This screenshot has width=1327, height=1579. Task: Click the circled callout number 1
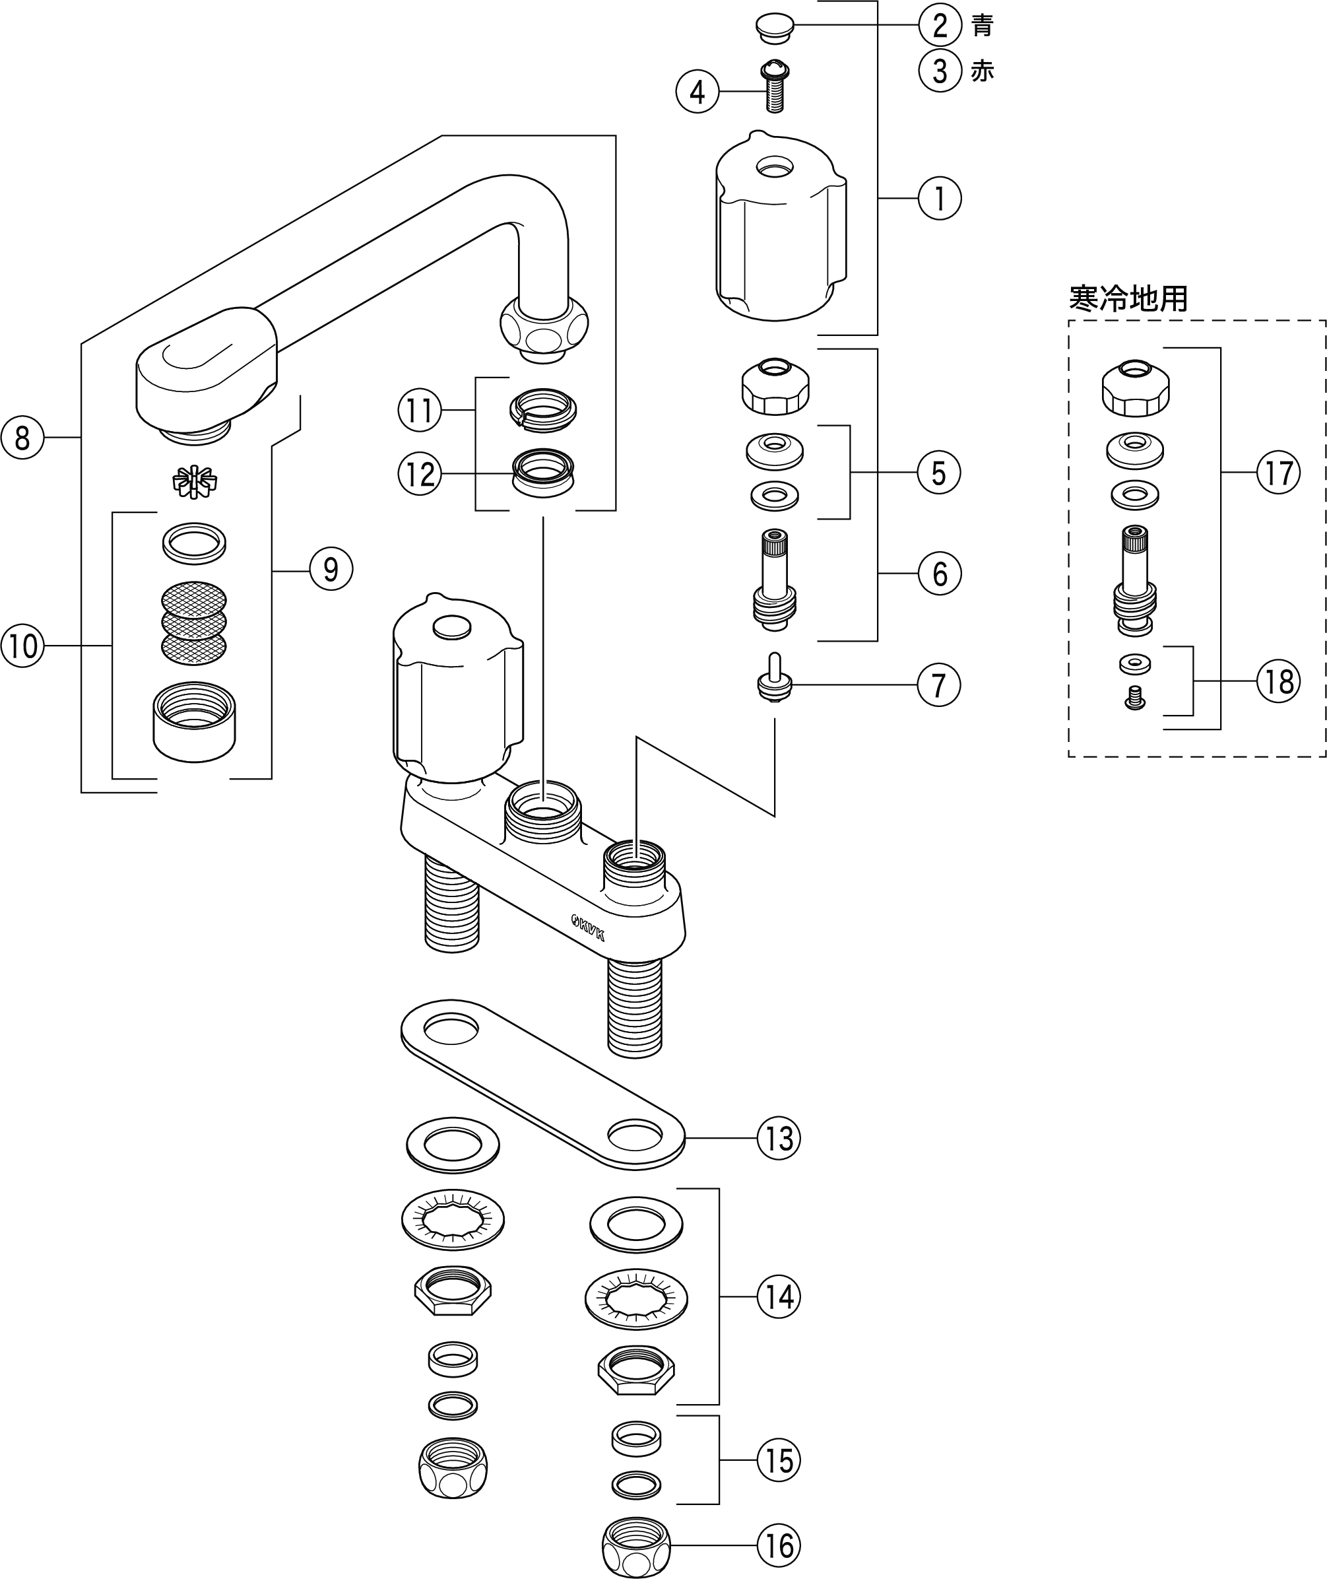pos(940,199)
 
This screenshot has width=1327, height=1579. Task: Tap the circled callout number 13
pos(779,1138)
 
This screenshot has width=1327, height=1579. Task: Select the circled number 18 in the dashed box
pos(1278,682)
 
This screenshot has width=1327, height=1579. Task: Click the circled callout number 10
pos(22,646)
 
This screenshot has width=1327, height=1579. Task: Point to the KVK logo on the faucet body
pos(587,927)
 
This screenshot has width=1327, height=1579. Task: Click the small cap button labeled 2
pos(774,26)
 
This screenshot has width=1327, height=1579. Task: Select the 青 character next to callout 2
pos(982,26)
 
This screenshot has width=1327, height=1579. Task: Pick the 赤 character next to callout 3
pos(982,71)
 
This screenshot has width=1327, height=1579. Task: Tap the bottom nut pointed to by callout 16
pos(635,1547)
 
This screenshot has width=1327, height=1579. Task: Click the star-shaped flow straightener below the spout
pos(194,482)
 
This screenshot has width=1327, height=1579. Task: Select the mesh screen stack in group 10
pos(194,622)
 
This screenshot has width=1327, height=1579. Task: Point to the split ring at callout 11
pos(543,409)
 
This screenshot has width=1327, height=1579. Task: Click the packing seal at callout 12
pos(543,473)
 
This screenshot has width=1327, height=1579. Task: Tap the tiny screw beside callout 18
pos(1135,697)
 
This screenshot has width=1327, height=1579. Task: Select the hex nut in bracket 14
pos(636,1370)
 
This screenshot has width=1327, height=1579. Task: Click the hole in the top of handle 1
pos(774,166)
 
